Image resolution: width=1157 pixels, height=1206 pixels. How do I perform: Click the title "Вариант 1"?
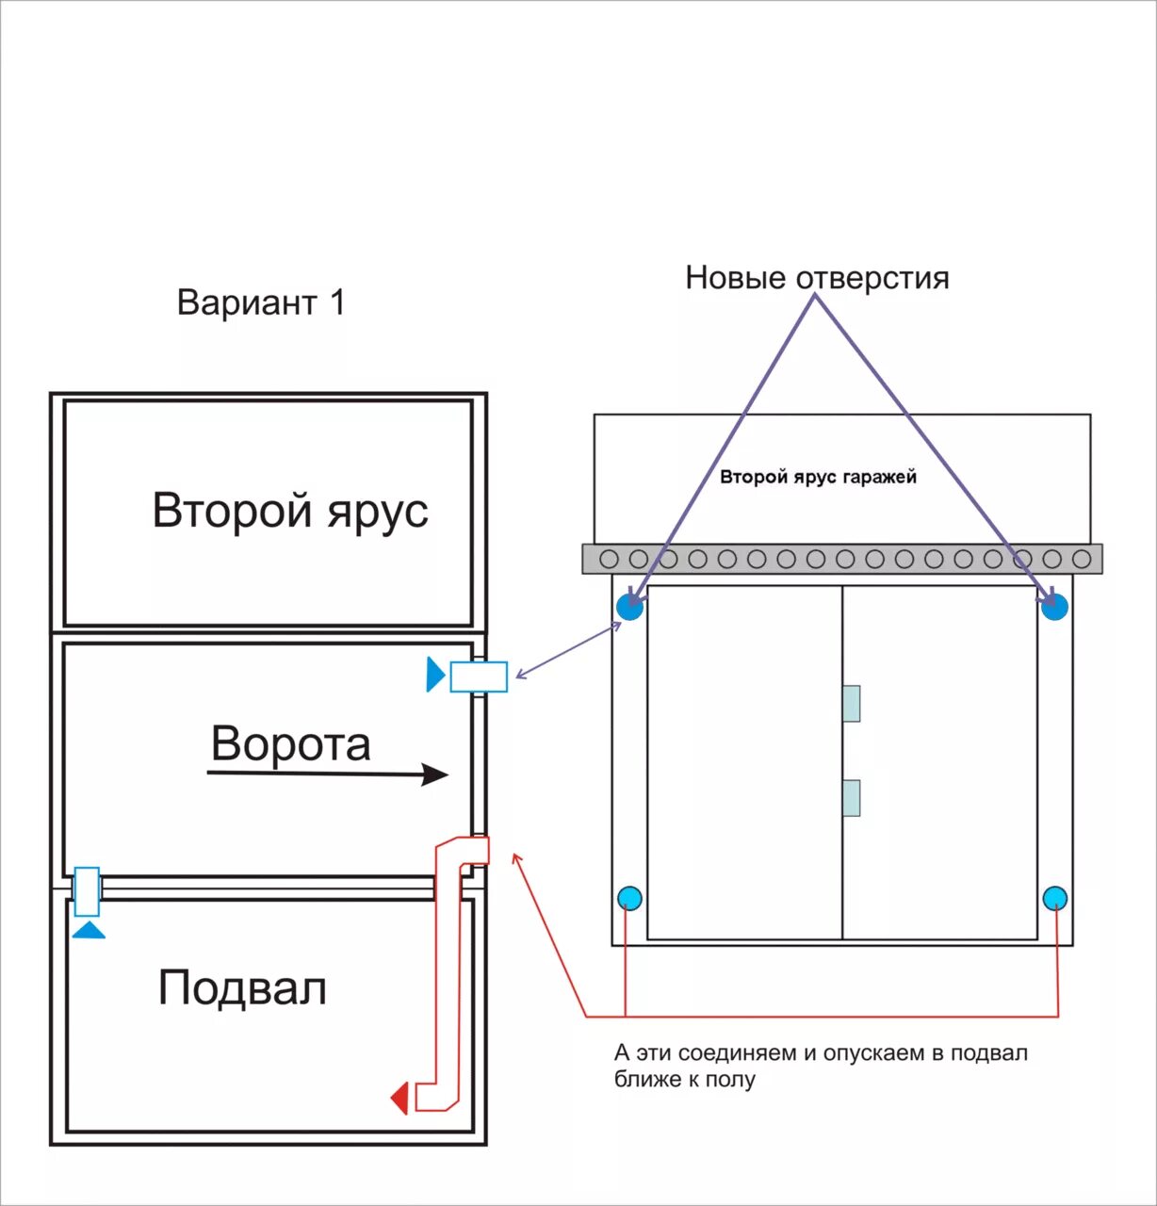[262, 302]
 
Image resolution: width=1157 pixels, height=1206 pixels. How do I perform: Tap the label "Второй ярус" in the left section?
[290, 511]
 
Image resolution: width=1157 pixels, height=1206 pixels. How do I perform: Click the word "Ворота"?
[290, 743]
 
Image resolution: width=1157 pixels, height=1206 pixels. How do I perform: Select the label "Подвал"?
[242, 988]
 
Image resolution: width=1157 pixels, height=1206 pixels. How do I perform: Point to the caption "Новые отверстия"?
[817, 278]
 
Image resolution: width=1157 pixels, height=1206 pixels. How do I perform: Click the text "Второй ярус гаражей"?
[818, 477]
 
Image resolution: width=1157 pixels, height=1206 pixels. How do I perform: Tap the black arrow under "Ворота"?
[327, 774]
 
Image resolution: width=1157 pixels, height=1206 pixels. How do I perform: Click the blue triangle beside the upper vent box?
[434, 675]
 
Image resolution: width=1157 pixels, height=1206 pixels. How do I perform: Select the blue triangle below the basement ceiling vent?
[89, 930]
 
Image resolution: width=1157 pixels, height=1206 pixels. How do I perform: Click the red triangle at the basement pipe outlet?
[400, 1099]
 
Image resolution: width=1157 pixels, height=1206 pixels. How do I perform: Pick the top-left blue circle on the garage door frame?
[630, 606]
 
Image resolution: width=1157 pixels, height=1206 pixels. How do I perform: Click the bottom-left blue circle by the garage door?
[629, 898]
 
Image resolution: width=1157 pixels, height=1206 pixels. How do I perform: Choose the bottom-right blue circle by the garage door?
[1055, 898]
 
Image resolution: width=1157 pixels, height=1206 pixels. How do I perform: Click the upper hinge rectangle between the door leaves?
[851, 703]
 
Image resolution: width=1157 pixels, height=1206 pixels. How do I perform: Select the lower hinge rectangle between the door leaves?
[851, 797]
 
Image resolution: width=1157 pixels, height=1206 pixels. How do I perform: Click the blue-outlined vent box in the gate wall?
[479, 676]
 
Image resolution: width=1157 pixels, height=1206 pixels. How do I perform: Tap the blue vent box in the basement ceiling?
[88, 891]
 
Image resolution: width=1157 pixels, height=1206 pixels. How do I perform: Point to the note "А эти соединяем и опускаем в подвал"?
[821, 1052]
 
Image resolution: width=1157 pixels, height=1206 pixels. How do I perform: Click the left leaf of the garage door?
[744, 762]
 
